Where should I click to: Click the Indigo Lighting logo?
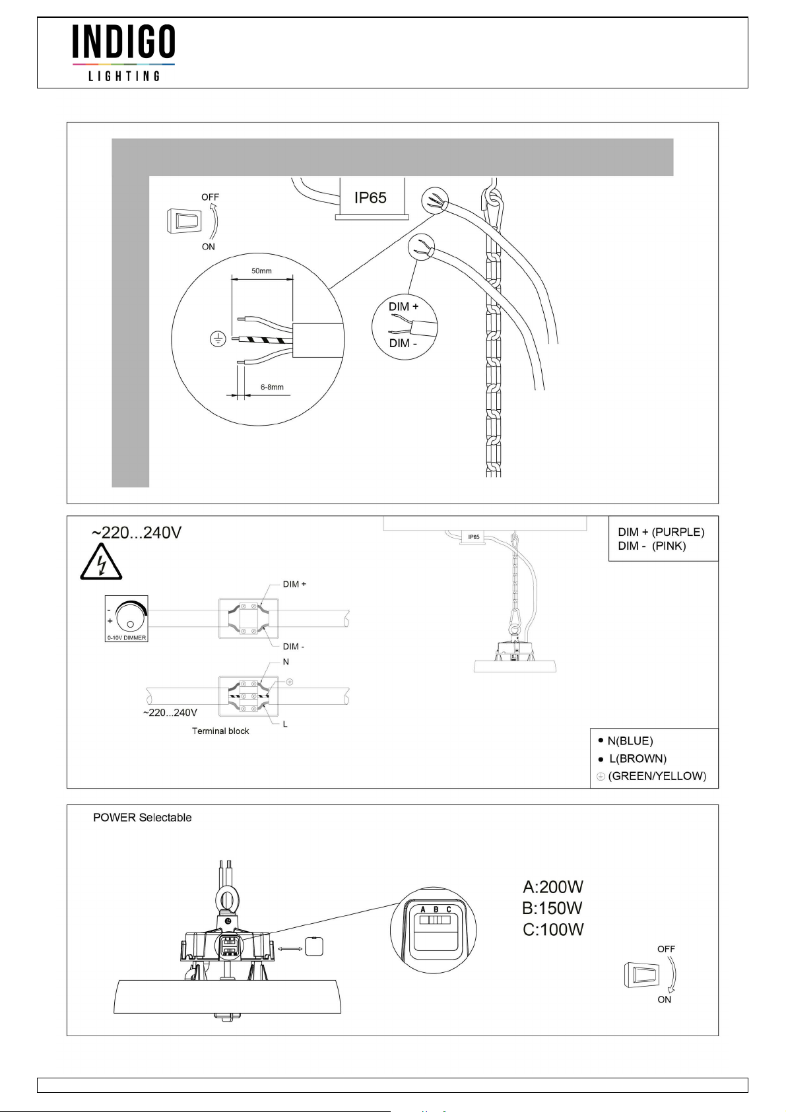(123, 53)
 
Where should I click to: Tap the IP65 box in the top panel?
(371, 197)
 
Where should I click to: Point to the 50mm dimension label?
(261, 271)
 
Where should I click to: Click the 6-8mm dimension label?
(272, 387)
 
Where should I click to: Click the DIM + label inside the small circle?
(403, 307)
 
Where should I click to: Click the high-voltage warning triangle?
(101, 563)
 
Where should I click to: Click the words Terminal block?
(220, 731)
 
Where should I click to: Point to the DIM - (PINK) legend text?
(652, 546)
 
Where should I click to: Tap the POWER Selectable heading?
(143, 818)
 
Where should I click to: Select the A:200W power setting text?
(553, 887)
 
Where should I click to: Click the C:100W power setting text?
(553, 930)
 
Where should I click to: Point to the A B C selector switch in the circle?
(435, 919)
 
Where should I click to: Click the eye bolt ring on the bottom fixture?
(228, 901)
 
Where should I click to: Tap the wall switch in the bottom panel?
(632, 975)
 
